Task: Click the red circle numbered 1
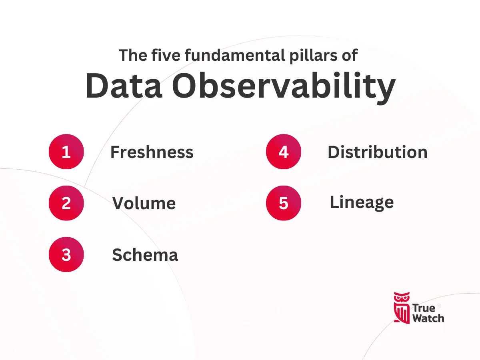(x=66, y=152)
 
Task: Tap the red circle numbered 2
(x=66, y=203)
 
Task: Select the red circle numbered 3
(x=66, y=254)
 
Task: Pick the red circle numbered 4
(x=284, y=152)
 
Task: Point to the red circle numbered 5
(x=284, y=203)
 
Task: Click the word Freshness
(x=152, y=152)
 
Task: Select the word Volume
(x=144, y=203)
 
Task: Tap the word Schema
(x=145, y=255)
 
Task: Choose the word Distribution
(x=378, y=152)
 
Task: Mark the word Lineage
(x=362, y=203)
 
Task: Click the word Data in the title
(x=124, y=86)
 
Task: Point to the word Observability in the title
(x=284, y=88)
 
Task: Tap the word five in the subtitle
(x=166, y=55)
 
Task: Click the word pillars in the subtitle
(x=313, y=56)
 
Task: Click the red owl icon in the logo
(x=402, y=308)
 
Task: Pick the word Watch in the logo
(x=428, y=318)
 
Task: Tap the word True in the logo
(x=424, y=308)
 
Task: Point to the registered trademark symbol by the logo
(x=439, y=306)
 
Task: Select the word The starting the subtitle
(x=133, y=55)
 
